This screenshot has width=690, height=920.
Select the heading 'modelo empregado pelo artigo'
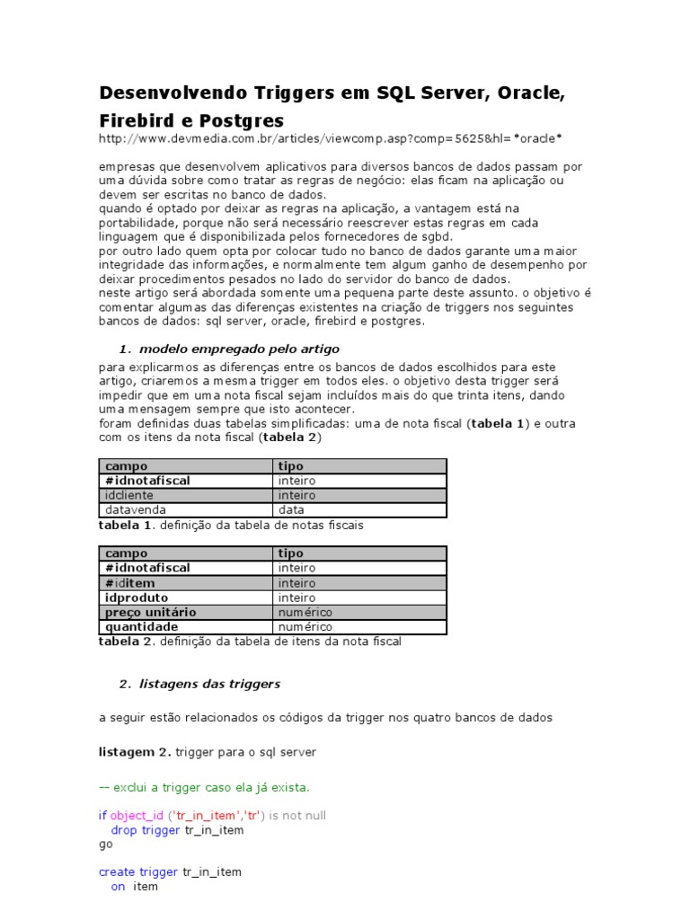click(x=240, y=349)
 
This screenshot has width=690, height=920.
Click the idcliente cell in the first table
click(x=129, y=495)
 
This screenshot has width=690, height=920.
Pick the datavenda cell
click(x=136, y=509)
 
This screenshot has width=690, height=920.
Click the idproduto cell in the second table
click(x=137, y=597)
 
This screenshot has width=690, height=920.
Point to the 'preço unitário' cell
click(x=150, y=612)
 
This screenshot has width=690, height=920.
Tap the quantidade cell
click(x=141, y=626)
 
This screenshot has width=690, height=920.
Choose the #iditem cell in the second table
click(x=130, y=583)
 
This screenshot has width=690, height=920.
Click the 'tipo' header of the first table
click(x=291, y=466)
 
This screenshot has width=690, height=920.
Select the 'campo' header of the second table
click(x=127, y=553)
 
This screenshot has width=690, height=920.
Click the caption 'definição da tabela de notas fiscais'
click(x=261, y=525)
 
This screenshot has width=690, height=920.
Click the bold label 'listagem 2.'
click(x=135, y=751)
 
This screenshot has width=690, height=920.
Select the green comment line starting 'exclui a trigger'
click(x=204, y=787)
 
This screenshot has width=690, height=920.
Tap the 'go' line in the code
click(x=105, y=845)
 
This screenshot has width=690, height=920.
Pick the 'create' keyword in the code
click(x=117, y=871)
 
